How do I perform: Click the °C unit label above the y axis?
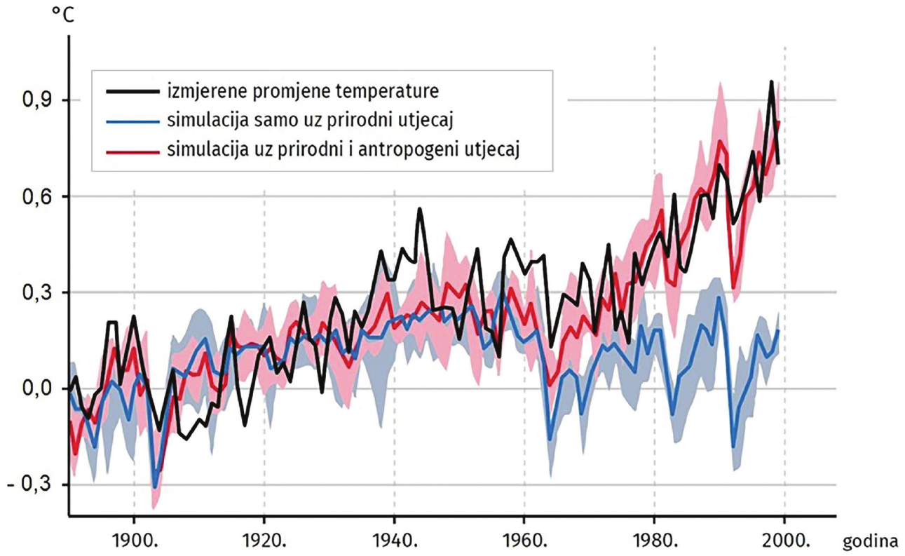[x=62, y=15]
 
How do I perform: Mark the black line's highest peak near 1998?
[x=771, y=82]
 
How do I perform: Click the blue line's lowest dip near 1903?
[x=155, y=487]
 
